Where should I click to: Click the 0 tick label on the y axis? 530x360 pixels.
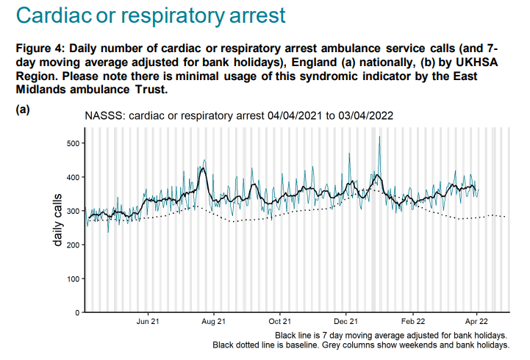[75, 313]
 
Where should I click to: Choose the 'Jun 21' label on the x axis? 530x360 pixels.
[148, 322]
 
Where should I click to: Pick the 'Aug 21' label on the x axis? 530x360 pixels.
[213, 322]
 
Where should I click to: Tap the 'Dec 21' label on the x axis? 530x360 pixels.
[345, 322]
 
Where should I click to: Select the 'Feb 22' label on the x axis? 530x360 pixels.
[411, 322]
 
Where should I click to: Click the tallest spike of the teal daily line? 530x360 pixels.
[379, 137]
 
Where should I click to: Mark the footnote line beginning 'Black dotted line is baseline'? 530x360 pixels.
[360, 345]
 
